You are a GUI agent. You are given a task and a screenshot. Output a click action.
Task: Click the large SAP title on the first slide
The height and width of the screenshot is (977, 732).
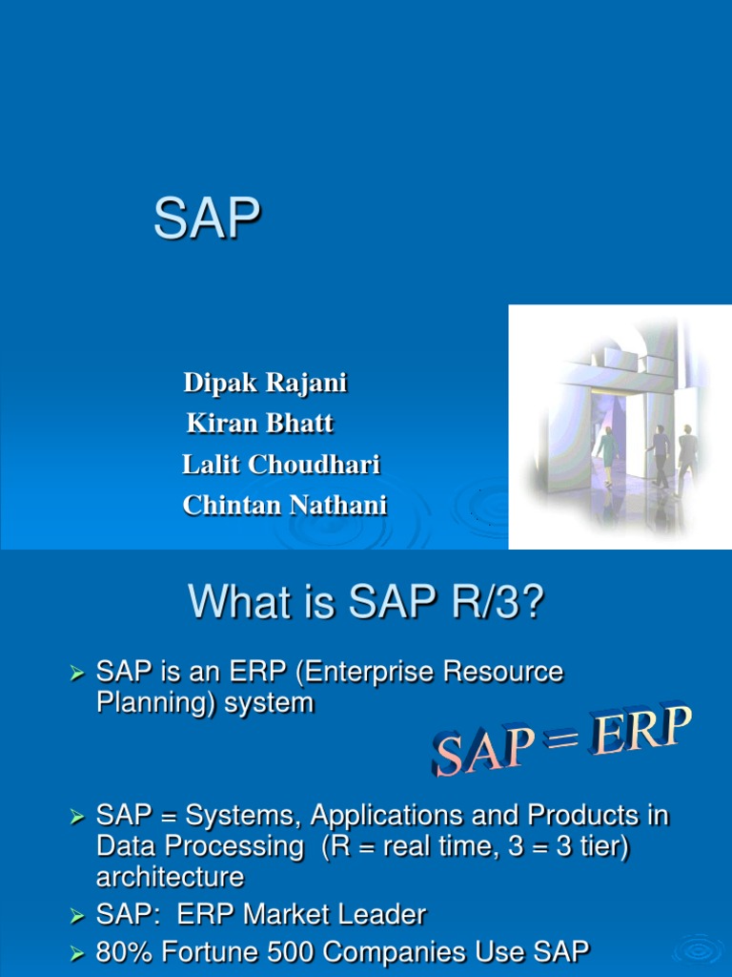207,218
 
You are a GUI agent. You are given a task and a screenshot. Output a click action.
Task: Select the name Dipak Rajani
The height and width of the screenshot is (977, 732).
265,382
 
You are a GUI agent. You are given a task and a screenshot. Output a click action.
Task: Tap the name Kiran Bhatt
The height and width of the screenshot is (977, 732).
260,423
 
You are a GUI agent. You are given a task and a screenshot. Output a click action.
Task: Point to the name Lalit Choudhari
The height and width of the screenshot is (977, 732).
281,465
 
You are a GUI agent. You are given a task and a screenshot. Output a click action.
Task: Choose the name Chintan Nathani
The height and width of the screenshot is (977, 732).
284,505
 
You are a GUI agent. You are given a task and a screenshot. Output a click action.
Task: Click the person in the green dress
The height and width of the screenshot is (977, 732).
606,455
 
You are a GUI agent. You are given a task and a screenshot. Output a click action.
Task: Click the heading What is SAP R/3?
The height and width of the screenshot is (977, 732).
366,602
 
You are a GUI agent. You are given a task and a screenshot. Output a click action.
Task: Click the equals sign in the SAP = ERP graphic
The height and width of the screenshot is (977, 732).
560,740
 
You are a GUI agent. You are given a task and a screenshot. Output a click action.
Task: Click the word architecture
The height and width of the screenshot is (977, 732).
170,877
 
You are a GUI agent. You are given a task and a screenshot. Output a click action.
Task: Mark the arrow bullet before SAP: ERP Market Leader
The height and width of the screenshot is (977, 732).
77,916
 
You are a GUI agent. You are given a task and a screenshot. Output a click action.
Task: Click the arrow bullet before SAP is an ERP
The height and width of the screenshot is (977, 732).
77,674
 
